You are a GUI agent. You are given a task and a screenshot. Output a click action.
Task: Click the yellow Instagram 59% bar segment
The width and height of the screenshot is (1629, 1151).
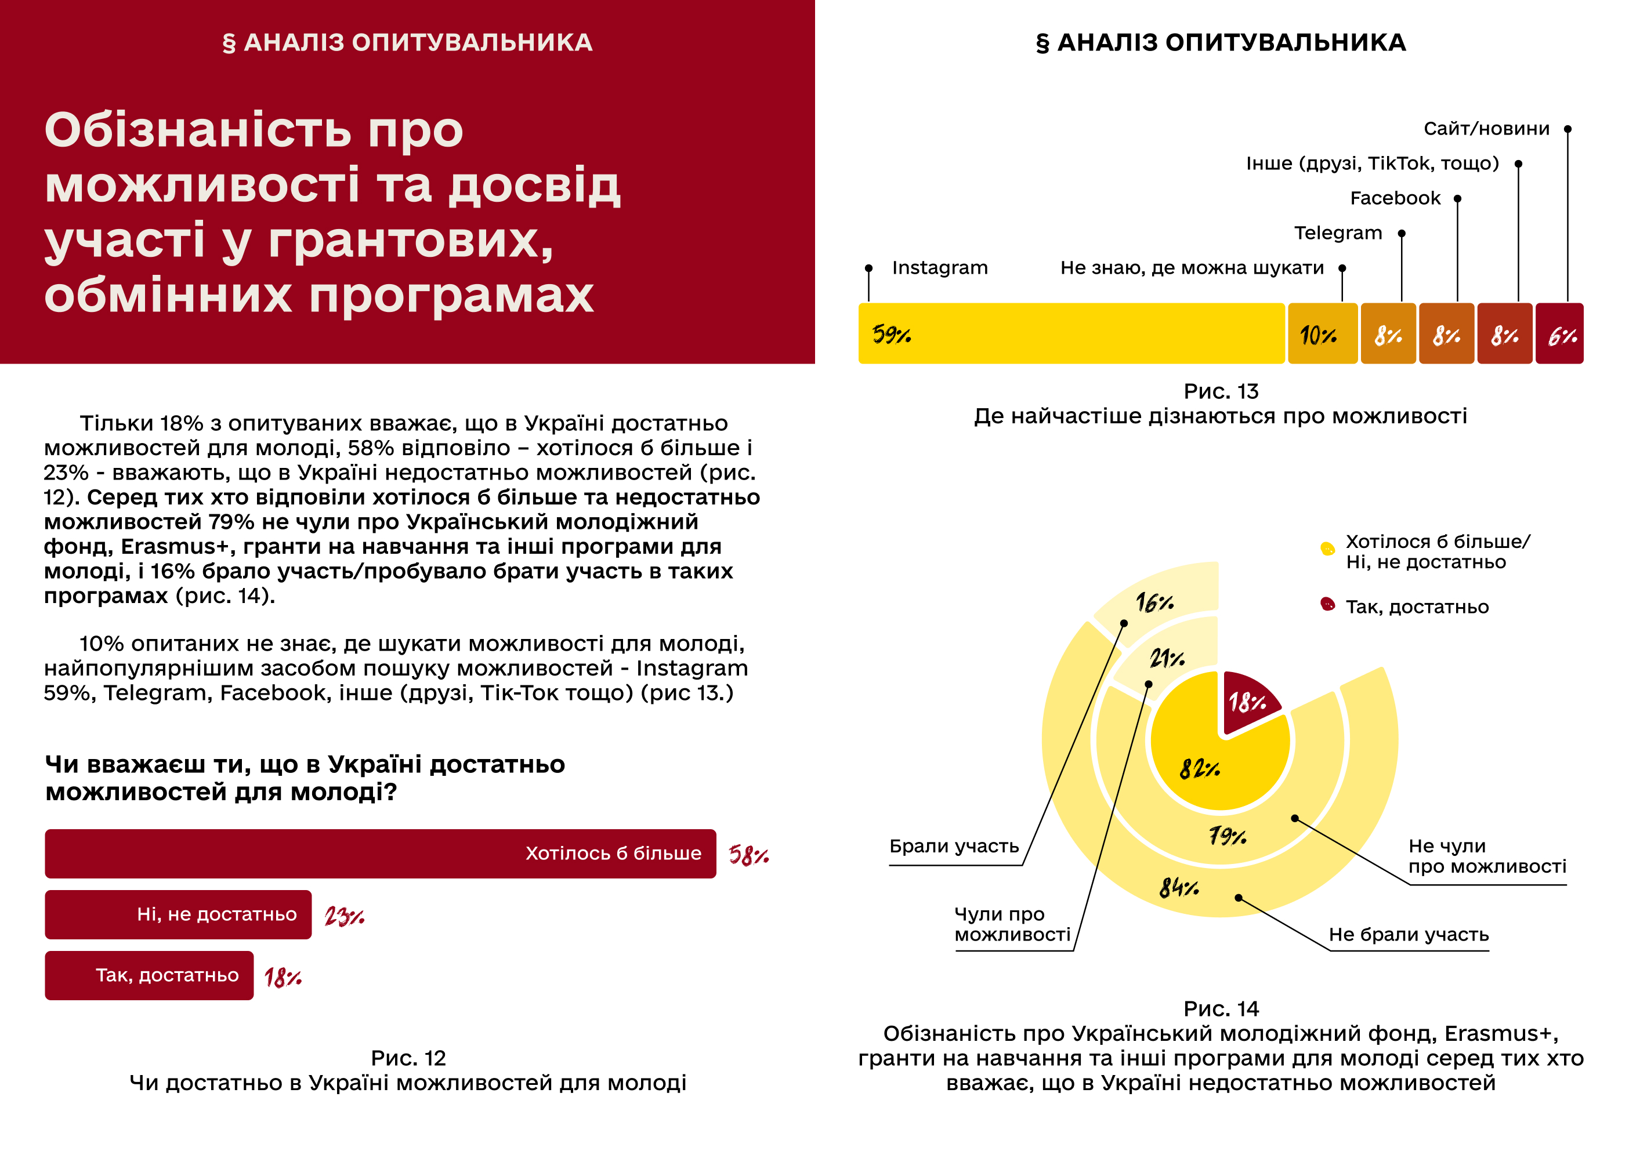tap(1071, 333)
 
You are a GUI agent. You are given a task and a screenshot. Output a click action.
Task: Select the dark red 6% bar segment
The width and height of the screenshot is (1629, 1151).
tap(1559, 333)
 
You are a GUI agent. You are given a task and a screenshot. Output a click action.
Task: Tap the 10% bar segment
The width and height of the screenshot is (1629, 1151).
tap(1322, 333)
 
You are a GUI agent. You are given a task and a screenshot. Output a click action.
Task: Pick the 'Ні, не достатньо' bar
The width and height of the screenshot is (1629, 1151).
tap(178, 914)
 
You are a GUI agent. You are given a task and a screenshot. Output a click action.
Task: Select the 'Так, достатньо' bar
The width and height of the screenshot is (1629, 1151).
tap(149, 975)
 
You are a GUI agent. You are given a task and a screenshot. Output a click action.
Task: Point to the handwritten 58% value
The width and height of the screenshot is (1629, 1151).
tap(748, 855)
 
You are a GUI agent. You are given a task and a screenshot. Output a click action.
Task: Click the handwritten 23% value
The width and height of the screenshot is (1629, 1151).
tap(344, 916)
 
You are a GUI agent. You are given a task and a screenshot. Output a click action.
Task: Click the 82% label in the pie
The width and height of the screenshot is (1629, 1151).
tap(1199, 768)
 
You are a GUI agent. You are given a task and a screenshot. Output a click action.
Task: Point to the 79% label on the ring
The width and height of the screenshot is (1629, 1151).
tap(1228, 837)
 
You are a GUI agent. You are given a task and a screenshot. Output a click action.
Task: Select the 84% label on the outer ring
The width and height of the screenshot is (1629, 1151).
tap(1178, 887)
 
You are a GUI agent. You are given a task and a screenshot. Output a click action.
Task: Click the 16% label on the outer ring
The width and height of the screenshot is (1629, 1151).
tap(1154, 603)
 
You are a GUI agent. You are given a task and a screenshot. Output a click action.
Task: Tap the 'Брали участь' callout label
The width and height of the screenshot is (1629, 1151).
tap(954, 846)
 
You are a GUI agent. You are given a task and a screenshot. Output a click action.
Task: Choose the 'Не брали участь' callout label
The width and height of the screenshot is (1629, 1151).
tap(1409, 934)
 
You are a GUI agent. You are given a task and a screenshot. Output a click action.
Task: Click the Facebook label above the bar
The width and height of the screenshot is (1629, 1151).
tap(1395, 198)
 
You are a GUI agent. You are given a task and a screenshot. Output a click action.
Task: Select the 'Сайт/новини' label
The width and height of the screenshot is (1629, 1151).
tap(1486, 128)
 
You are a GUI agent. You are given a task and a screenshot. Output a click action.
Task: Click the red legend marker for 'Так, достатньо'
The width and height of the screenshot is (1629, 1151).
tap(1327, 604)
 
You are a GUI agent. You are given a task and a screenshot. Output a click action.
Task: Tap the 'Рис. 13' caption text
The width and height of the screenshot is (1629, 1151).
tap(1221, 391)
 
